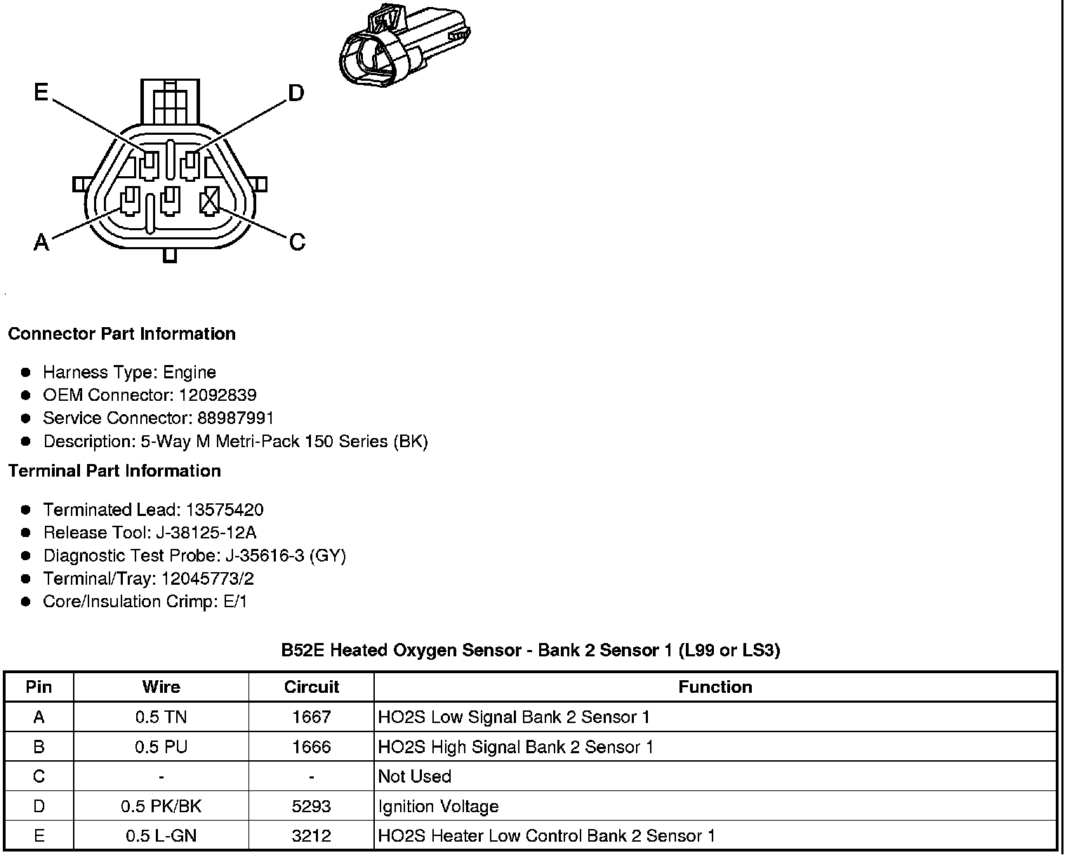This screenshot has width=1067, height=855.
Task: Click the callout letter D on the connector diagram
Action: pyautogui.click(x=296, y=93)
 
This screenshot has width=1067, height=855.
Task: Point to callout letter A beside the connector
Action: pyautogui.click(x=42, y=243)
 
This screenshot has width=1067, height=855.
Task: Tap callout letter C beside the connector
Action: pyautogui.click(x=298, y=242)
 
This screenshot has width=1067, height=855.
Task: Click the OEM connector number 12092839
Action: pyautogui.click(x=218, y=395)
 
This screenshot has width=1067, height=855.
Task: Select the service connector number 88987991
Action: pyautogui.click(x=235, y=418)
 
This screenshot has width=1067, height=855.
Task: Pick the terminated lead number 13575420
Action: pyautogui.click(x=225, y=510)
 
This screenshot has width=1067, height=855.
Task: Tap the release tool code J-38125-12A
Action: pyautogui.click(x=198, y=533)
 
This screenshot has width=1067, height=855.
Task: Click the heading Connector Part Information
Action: pyautogui.click(x=121, y=334)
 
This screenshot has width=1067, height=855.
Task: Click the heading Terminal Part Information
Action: pyautogui.click(x=114, y=471)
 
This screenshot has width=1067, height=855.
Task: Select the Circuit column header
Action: pyautogui.click(x=311, y=687)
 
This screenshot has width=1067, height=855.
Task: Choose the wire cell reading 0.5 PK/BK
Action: pyautogui.click(x=161, y=807)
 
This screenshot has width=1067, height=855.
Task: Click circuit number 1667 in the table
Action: pyautogui.click(x=311, y=717)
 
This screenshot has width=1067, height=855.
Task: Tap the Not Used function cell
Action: pyautogui.click(x=414, y=777)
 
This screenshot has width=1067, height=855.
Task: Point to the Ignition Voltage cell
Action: pyautogui.click(x=438, y=807)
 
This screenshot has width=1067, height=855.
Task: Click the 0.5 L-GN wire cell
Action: pyautogui.click(x=161, y=836)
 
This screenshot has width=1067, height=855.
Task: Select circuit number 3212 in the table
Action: pyautogui.click(x=311, y=836)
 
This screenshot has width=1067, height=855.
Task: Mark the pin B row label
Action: pyautogui.click(x=39, y=747)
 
